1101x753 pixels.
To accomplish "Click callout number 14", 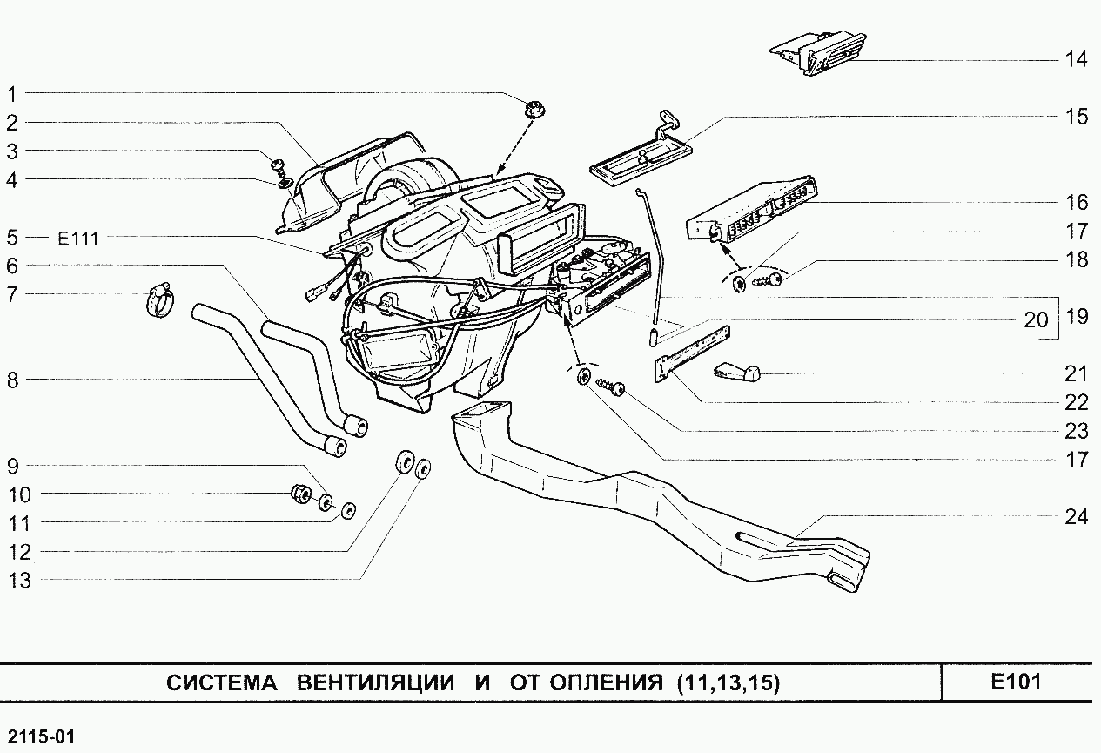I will (1076, 60).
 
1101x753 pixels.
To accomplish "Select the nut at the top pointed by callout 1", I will (534, 111).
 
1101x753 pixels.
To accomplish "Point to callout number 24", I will (1076, 517).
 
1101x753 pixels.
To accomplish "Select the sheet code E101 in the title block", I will (1015, 682).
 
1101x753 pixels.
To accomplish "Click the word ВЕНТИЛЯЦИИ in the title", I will (375, 683).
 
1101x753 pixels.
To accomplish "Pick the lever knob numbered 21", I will (736, 373).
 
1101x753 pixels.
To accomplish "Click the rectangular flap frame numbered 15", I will (639, 161).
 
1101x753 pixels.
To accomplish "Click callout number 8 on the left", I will (13, 380).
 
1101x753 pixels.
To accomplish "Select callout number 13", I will (19, 581).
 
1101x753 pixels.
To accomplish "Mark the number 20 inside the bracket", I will (1036, 319).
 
